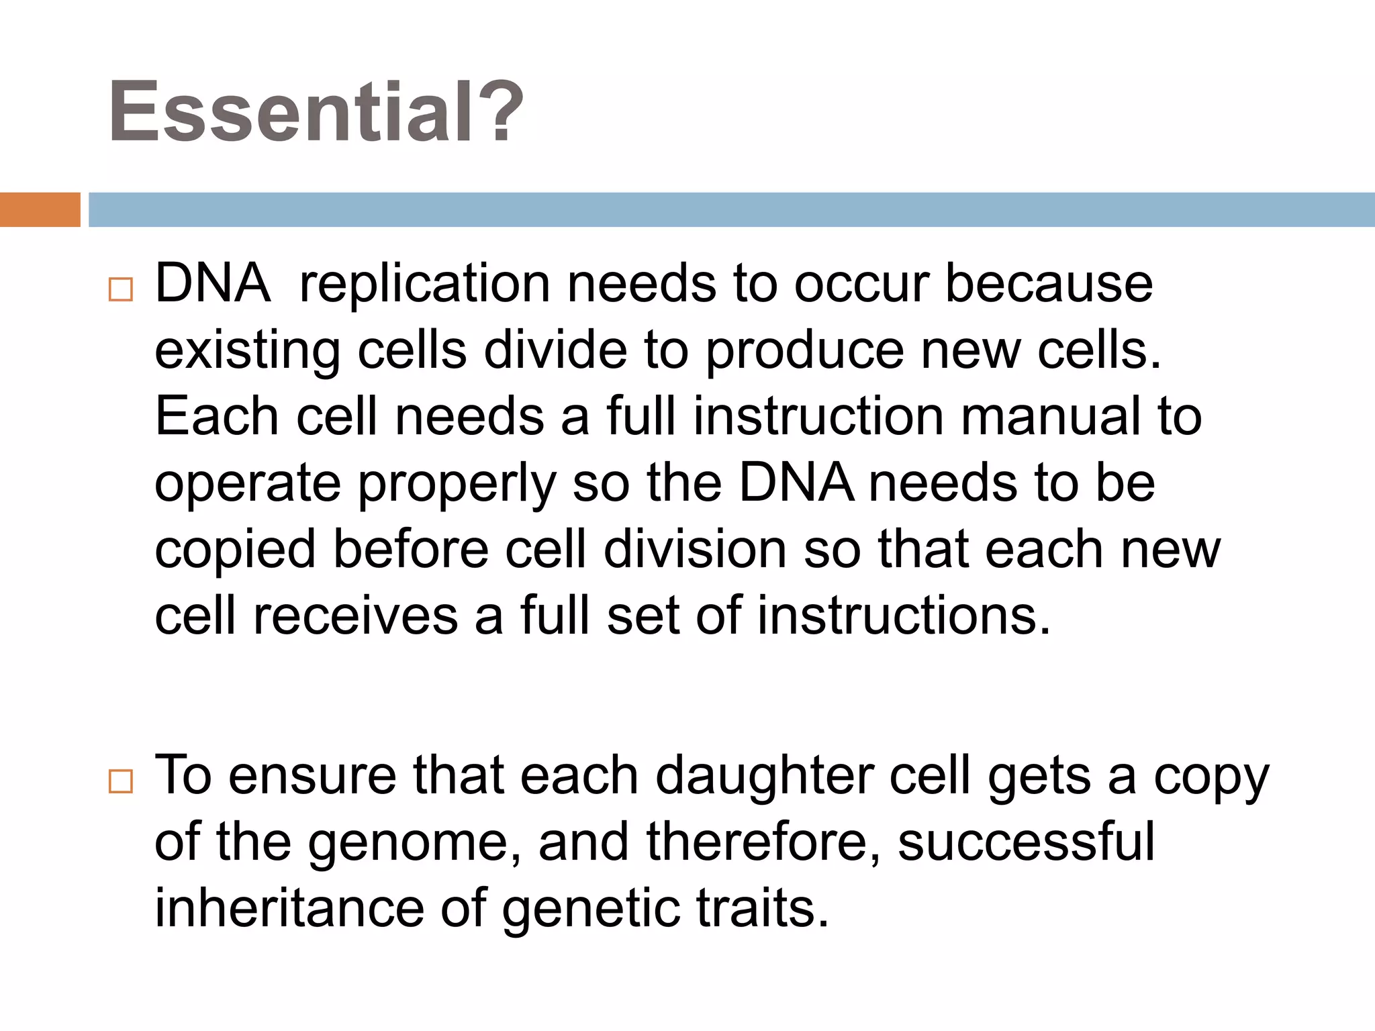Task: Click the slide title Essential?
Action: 316,111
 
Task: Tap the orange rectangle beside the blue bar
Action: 40,209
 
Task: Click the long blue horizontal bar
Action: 730,209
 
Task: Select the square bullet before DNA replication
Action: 121,290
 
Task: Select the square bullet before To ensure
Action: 121,781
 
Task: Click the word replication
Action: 425,283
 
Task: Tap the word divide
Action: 555,350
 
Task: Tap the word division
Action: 695,549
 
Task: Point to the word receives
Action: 355,616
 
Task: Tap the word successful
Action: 1025,842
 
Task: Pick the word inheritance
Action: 289,908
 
